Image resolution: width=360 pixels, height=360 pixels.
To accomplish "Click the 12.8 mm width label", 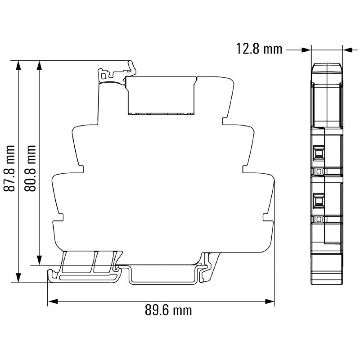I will tap(260, 49).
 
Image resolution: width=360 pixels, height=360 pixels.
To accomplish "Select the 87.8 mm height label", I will tap(9, 168).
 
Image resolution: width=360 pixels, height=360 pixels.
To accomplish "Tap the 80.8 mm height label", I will tap(31, 168).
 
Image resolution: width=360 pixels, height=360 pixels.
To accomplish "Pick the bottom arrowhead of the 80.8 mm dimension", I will tap(40, 260).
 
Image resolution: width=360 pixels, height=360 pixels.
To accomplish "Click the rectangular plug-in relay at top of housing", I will tap(162, 95).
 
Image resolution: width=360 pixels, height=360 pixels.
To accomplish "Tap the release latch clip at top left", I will tap(115, 72).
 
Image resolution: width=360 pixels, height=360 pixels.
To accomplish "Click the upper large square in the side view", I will tap(319, 153).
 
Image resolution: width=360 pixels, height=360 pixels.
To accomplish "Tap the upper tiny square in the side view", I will tap(319, 171).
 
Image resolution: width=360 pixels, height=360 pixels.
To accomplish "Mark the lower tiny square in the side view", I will tap(319, 219).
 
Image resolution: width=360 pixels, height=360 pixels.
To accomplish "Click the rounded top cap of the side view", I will tap(327, 68).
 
